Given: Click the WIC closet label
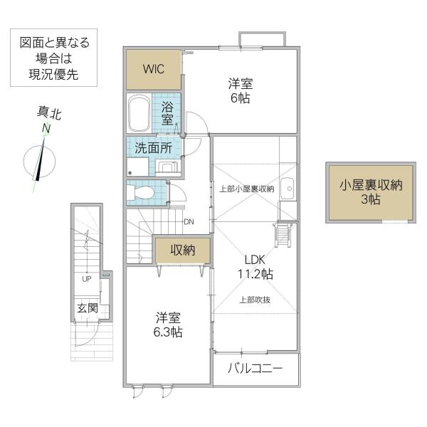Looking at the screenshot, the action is pos(154,69).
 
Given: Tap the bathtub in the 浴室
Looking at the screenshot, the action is pos(139,113).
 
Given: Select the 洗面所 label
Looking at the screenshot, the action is pos(154,148).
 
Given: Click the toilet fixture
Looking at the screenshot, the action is pos(141,193).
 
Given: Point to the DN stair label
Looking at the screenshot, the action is pos(189,222).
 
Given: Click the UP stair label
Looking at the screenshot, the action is pos(87,279).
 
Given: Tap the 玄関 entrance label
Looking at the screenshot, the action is pos(87,308).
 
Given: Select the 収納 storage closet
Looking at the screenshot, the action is pos(183,250).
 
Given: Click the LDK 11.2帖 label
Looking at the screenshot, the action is pos(255,267).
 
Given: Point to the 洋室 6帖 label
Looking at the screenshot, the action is pos(241,90).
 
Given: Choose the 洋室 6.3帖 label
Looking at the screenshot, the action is pos(168,325).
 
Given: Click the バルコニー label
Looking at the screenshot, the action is pos(255,369).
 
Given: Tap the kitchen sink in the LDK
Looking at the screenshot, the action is pos(288,189).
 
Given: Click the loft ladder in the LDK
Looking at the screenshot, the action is pos(283,235).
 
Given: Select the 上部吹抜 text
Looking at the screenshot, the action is pos(255,300).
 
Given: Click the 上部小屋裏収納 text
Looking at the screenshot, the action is pos(246,189).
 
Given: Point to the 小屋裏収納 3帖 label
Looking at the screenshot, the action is pos(371,192).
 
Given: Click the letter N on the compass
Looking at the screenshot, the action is pos(47,129).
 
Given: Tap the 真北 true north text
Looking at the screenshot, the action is pos(49,112).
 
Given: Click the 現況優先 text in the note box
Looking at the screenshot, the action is pos(53,74).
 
